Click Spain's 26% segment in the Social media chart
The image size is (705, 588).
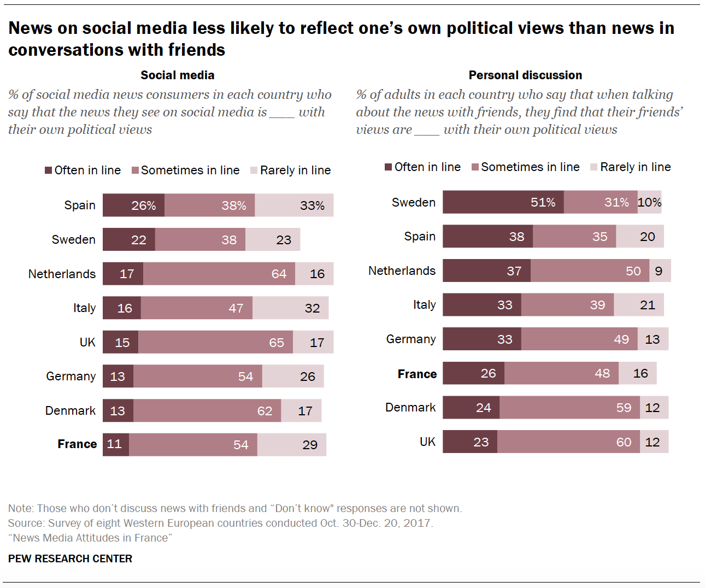[x=134, y=205]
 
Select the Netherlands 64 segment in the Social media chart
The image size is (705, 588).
[x=219, y=274]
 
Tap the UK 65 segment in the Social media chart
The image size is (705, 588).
[x=215, y=343]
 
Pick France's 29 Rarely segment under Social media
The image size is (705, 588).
[x=292, y=445]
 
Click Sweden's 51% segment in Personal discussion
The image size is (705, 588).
[x=503, y=202]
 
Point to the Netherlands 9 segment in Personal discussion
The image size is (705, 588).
[x=660, y=271]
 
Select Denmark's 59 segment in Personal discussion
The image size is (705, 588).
[x=569, y=408]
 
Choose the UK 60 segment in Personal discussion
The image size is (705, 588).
[x=568, y=442]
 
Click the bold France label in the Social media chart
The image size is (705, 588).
[x=77, y=444]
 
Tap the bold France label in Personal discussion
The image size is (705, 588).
[x=417, y=374]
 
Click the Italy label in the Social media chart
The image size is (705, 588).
[x=84, y=308]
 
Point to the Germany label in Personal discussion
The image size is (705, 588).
[x=411, y=339]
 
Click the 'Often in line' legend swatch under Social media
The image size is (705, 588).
[x=49, y=170]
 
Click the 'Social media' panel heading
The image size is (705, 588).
[x=178, y=75]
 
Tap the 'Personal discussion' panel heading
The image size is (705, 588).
[x=525, y=75]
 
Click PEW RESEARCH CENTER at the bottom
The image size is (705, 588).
[x=70, y=558]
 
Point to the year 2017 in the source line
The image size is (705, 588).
[x=418, y=523]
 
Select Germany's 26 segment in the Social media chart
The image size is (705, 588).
[x=293, y=377]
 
